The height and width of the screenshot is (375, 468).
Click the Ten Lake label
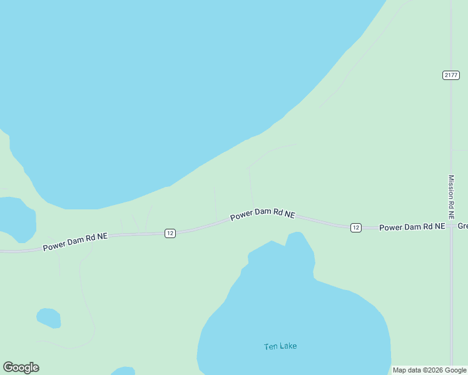(x=280, y=346)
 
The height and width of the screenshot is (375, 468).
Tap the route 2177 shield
(x=450, y=75)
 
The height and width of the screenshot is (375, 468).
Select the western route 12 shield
(x=170, y=233)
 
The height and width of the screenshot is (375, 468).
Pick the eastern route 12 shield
(x=355, y=227)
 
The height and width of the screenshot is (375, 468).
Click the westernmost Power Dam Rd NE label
(x=75, y=242)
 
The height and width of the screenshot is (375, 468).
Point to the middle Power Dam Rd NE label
(x=262, y=214)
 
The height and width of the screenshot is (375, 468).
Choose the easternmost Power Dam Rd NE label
(x=412, y=227)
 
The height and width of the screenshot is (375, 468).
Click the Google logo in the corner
(x=21, y=367)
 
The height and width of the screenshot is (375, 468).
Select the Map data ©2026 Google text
(x=429, y=370)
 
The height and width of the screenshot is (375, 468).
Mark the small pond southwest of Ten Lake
(x=49, y=318)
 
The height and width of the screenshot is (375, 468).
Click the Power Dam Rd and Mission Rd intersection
(x=451, y=226)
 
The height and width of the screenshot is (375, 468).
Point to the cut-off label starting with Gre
(x=462, y=226)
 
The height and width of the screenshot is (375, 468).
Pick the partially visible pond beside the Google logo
(x=123, y=371)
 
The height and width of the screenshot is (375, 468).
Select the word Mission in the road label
(x=450, y=186)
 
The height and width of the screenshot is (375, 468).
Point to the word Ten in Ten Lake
(x=270, y=346)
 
